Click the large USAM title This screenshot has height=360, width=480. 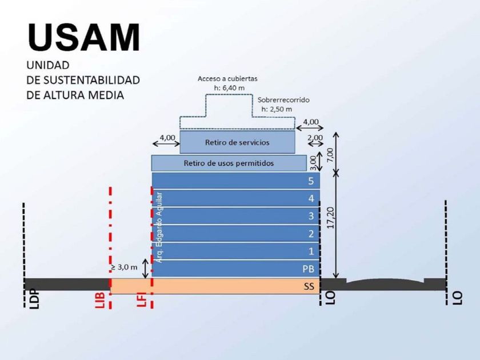coord(84,37)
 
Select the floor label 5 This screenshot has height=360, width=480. coord(311,181)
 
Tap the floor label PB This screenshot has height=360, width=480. coord(308,269)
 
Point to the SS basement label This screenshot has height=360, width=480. coord(309,286)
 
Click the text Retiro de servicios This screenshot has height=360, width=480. coord(237,142)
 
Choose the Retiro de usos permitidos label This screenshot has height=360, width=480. coord(229,163)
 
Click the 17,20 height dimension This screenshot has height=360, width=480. coord(331,218)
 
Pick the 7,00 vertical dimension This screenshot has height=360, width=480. coord(330,156)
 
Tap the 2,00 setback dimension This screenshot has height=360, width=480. coord(315,138)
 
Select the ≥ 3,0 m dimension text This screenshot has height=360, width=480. coord(123,267)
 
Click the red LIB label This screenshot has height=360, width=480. coord(101,299)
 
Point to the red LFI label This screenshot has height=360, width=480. coord(142,299)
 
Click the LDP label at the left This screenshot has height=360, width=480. coord(35,298)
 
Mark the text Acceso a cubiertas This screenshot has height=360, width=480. coord(227,79)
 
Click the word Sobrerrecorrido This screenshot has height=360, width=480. coord(283,100)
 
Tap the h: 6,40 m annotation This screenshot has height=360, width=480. coord(229,88)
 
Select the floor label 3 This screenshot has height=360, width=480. coord(311,216)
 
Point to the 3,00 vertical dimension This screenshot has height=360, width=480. coord(313,163)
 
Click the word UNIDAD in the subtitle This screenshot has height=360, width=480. coord(48,65)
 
